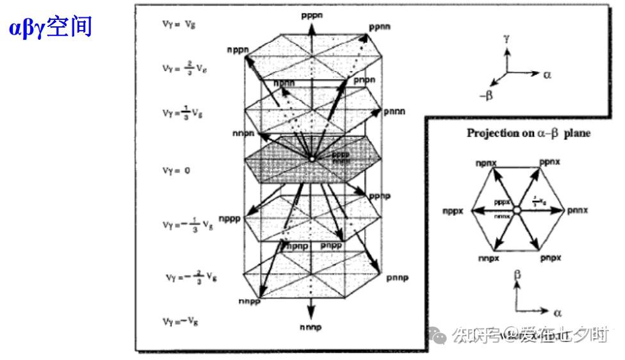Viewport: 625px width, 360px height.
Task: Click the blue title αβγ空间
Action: [51, 28]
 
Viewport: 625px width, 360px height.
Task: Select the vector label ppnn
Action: [380, 28]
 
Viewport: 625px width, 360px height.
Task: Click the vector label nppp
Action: [229, 218]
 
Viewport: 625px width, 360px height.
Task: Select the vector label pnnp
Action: [398, 277]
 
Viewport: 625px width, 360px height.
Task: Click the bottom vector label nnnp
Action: [311, 327]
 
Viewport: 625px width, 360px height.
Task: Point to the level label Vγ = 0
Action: [177, 171]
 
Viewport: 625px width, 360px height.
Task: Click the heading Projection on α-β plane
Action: [528, 133]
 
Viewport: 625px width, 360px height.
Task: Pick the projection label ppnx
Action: [549, 163]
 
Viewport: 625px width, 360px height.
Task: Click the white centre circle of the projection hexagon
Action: [517, 210]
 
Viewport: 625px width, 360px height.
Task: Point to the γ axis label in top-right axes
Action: [507, 39]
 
